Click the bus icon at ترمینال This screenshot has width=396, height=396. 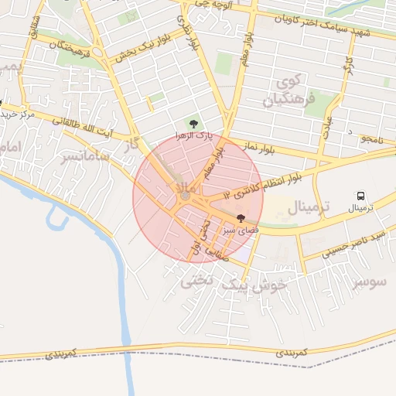[360, 196]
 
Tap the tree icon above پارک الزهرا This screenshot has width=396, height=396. [193, 123]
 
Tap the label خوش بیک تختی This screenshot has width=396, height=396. [234, 284]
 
